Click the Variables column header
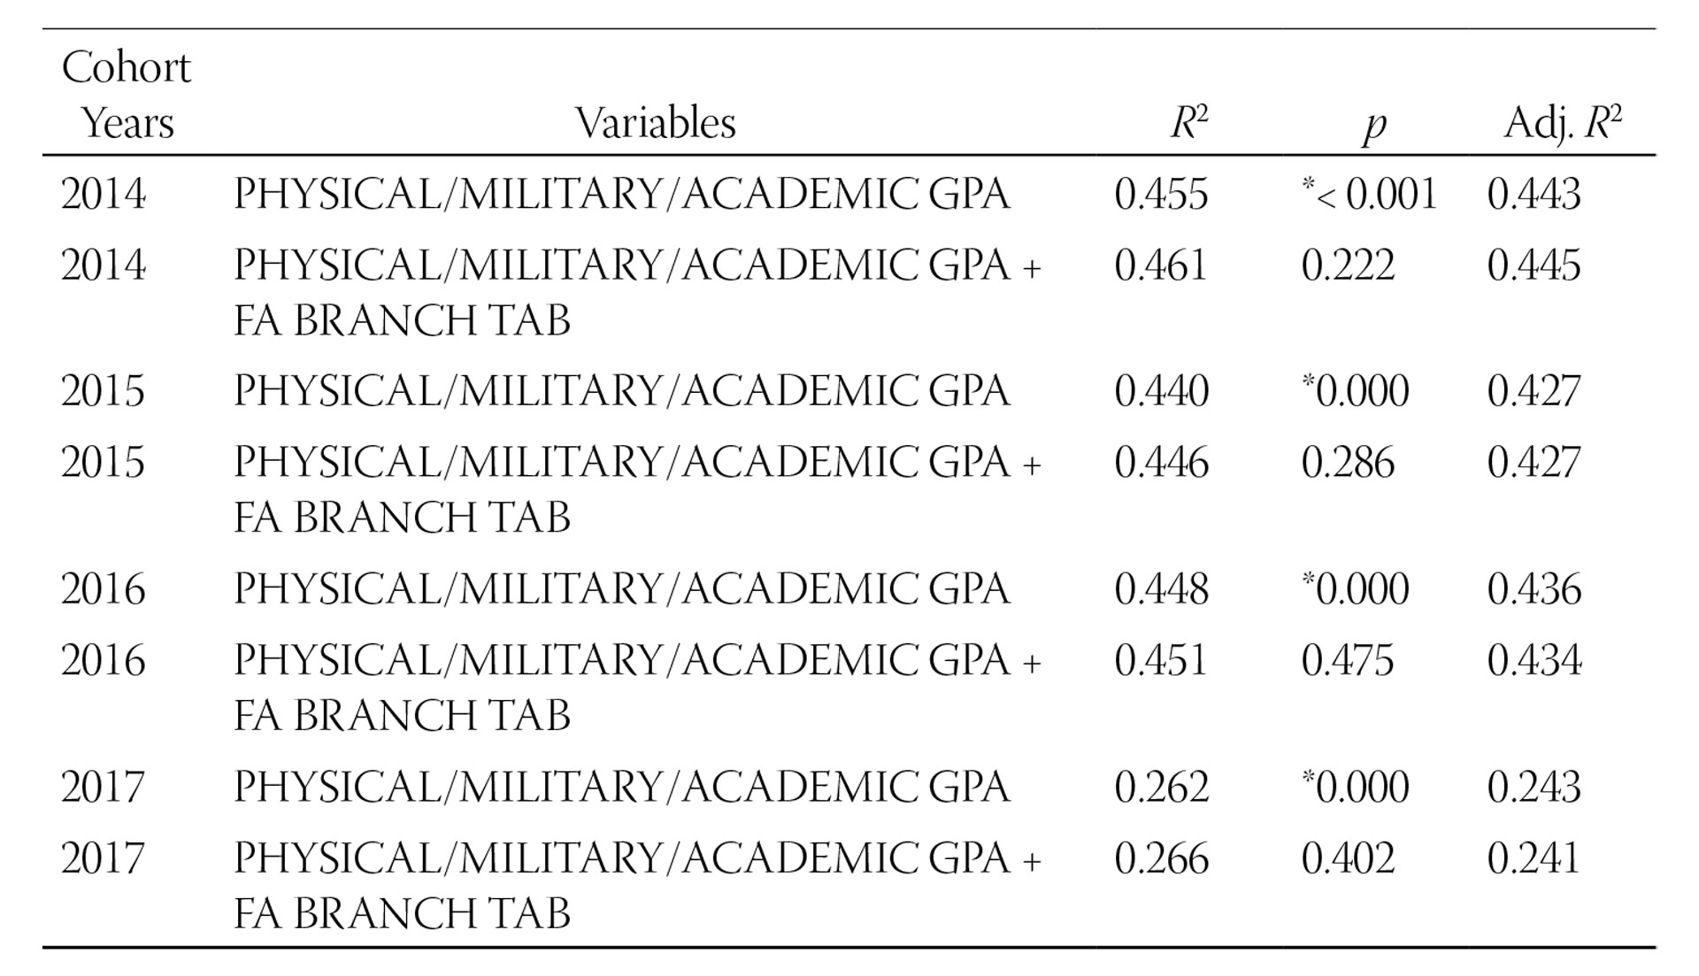pyautogui.click(x=655, y=123)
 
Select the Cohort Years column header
pyautogui.click(x=127, y=95)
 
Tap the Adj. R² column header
pyautogui.click(x=1563, y=123)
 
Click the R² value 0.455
pyautogui.click(x=1161, y=194)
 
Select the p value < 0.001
pyautogui.click(x=1371, y=194)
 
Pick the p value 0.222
pyautogui.click(x=1348, y=265)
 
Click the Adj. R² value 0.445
pyautogui.click(x=1534, y=265)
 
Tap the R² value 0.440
pyautogui.click(x=1161, y=391)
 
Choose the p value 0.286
pyautogui.click(x=1348, y=463)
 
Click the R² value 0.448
pyautogui.click(x=1161, y=589)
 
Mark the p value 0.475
pyautogui.click(x=1348, y=661)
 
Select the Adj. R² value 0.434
pyautogui.click(x=1534, y=661)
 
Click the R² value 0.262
pyautogui.click(x=1161, y=787)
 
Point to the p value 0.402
pyautogui.click(x=1348, y=858)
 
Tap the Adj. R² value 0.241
pyautogui.click(x=1534, y=858)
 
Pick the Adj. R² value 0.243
pyautogui.click(x=1534, y=787)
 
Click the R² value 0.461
pyautogui.click(x=1161, y=265)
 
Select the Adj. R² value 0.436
pyautogui.click(x=1534, y=589)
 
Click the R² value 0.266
pyautogui.click(x=1161, y=858)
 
